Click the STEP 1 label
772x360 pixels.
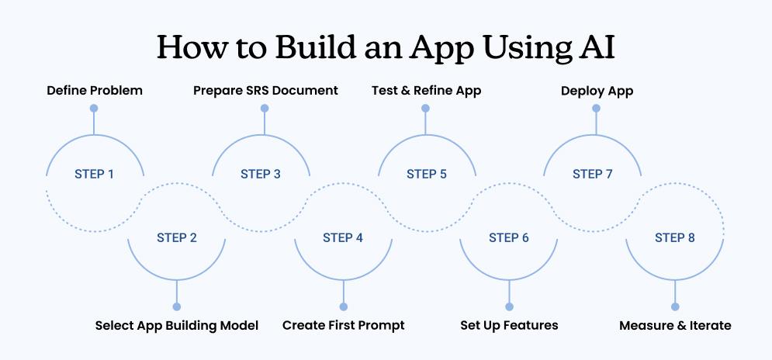tap(95, 174)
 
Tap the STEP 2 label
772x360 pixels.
tap(177, 237)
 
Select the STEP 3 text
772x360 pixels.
tap(261, 174)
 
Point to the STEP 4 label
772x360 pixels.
tap(343, 237)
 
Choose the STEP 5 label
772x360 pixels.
tap(427, 174)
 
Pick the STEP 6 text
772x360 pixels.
tap(509, 237)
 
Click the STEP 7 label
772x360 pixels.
tap(593, 174)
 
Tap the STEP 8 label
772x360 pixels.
tap(675, 237)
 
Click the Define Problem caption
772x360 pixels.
tap(95, 91)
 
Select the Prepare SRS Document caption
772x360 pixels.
tap(265, 91)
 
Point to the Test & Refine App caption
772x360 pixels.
tap(426, 91)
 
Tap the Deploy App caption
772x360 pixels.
tap(597, 91)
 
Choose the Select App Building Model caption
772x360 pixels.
tap(177, 325)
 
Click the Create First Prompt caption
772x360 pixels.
tap(343, 325)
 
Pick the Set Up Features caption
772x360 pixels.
tap(509, 325)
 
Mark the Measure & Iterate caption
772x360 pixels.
tap(675, 325)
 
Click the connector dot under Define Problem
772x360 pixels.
tap(94, 109)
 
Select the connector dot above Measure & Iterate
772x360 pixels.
tap(675, 306)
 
